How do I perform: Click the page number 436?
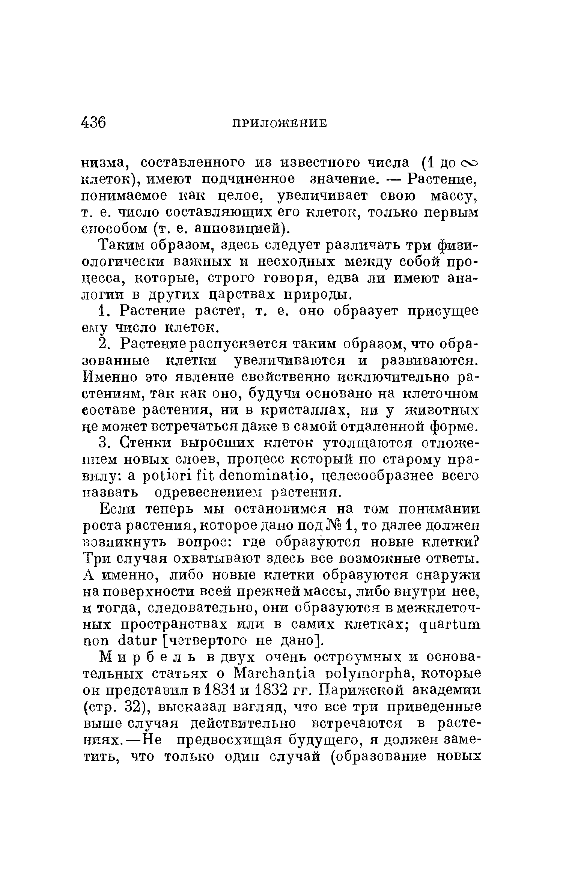[93, 123]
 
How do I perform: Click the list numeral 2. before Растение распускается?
[104, 344]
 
